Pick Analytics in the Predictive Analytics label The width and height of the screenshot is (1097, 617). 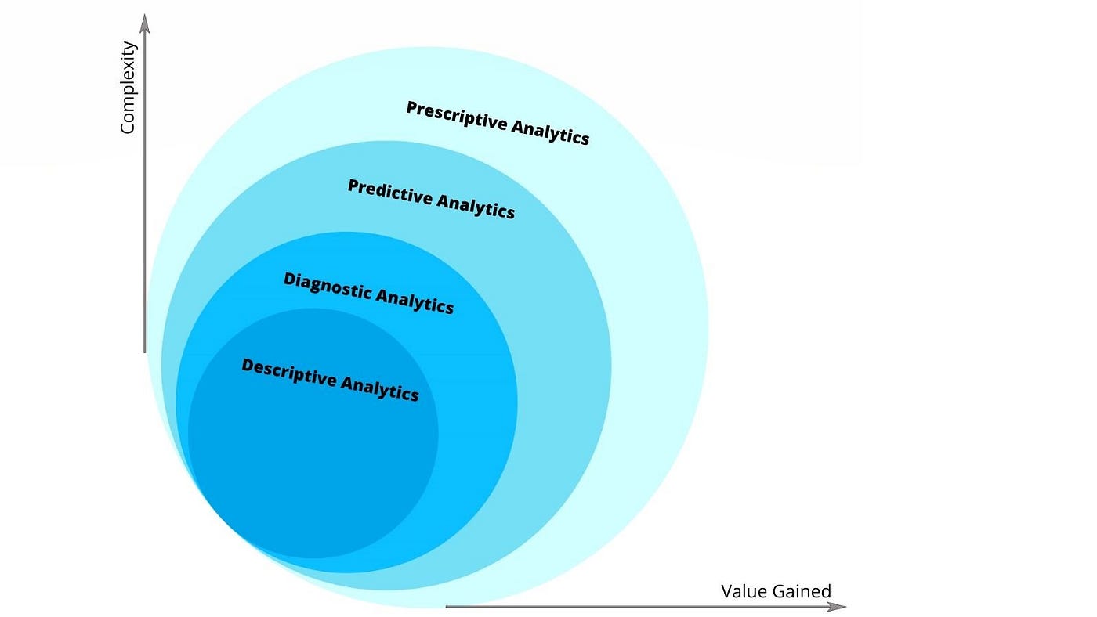pos(476,205)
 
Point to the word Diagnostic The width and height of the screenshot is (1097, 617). pos(327,285)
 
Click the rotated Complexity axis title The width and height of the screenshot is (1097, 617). pos(128,88)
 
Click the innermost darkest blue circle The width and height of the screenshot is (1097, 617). pos(313,470)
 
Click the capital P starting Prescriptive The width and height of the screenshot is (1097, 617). pos(412,108)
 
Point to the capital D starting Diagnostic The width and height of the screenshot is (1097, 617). pos(289,279)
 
